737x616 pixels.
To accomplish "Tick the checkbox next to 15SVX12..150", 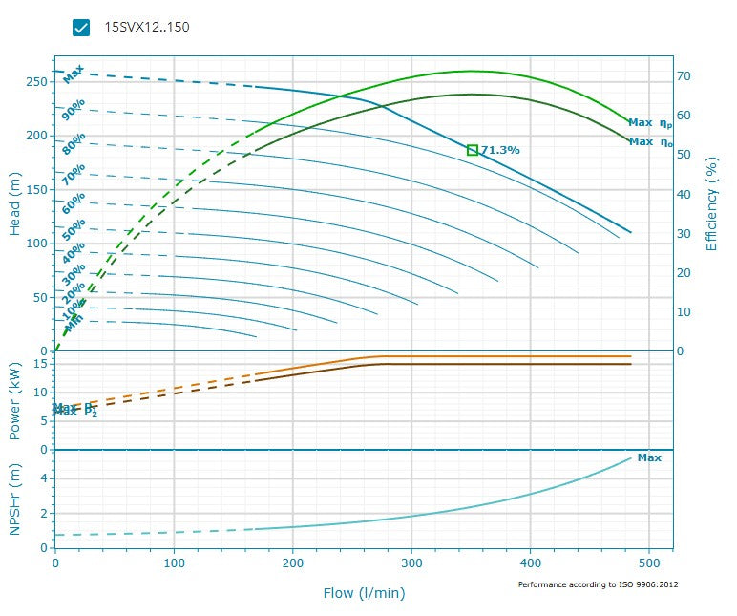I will coord(81,27).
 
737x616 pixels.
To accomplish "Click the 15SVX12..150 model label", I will coord(147,27).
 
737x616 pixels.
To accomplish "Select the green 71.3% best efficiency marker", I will coord(473,150).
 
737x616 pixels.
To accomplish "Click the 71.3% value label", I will coord(500,150).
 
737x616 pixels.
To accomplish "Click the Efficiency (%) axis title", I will coord(711,204).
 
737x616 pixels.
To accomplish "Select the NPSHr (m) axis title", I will coord(15,499).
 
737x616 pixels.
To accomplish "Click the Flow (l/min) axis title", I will coord(364,593).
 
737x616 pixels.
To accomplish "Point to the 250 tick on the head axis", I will coord(35,82).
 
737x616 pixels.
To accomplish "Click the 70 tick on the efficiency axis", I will coord(684,75).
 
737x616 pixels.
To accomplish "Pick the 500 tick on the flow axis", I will coord(649,563).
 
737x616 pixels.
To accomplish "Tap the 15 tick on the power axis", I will coord(41,364).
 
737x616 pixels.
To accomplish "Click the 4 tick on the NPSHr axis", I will coord(44,478).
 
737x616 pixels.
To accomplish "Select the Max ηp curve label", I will coord(651,123).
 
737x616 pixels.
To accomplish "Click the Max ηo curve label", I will coord(651,142).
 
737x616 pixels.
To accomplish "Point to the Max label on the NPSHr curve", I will coord(649,457).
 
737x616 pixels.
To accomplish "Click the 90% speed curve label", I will coord(74,111).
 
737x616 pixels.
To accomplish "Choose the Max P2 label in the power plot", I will coord(76,413).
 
